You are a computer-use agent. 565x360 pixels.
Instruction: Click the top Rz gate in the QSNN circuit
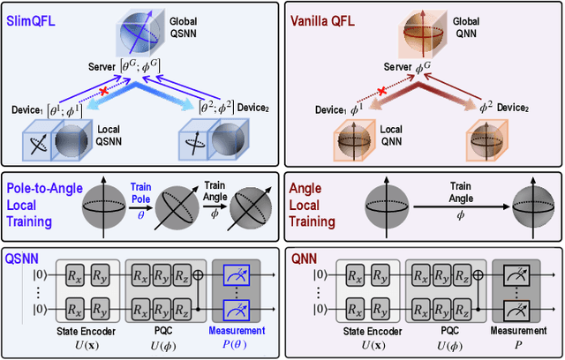182,277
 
